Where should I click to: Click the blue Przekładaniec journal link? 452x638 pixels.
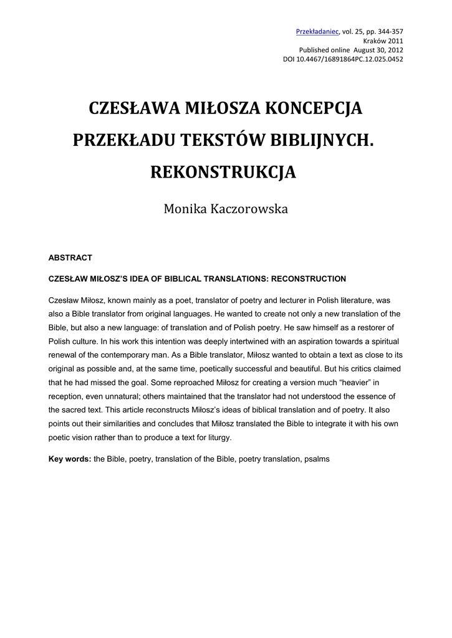[317, 31]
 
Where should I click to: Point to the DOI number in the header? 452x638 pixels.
[357, 59]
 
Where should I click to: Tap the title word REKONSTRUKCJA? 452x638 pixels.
[223, 173]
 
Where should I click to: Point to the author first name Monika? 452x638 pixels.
[182, 209]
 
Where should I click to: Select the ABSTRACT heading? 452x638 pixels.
[70, 257]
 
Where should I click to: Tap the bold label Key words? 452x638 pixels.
[70, 459]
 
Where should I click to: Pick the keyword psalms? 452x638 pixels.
[317, 459]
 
